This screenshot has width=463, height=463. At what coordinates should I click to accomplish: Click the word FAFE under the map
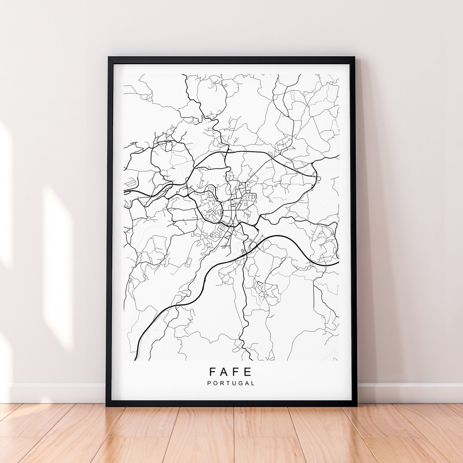pos(231,372)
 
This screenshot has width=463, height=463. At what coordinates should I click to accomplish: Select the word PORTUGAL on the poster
pos(231,383)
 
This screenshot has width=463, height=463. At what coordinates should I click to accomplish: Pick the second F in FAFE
pos(237,372)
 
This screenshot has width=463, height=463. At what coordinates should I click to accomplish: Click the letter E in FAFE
pos(249,372)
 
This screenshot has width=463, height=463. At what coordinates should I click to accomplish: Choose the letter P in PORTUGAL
pos(210,383)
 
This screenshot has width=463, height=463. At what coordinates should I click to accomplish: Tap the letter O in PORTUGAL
pos(216,383)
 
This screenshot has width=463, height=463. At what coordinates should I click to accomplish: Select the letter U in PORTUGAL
pos(234,383)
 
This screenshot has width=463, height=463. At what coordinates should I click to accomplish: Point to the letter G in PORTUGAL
pos(241,383)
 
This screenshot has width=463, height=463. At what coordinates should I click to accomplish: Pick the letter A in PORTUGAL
pos(247,383)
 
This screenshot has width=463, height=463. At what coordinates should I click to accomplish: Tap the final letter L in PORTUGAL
pos(253,383)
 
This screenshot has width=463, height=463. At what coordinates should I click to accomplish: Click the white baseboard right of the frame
pos(407,393)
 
